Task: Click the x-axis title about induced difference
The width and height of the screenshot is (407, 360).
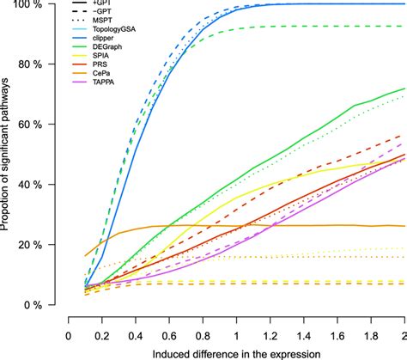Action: (x=235, y=353)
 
